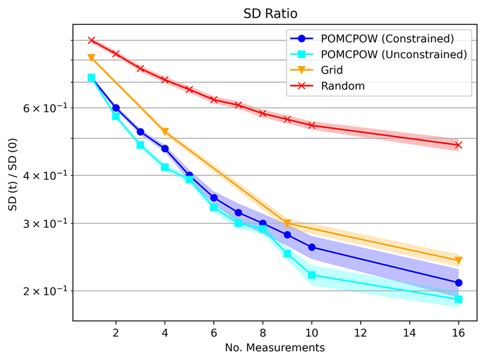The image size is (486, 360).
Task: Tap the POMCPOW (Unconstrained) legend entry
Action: [393, 54]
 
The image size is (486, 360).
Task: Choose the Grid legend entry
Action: [332, 70]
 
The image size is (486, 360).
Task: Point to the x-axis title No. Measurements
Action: [275, 348]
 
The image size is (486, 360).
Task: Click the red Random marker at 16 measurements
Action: [459, 145]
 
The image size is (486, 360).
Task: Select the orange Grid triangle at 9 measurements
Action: [287, 223]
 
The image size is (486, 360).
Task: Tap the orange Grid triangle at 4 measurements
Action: [165, 132]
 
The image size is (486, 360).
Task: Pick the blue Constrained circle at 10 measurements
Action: [311, 247]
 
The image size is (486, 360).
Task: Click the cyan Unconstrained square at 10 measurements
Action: [311, 275]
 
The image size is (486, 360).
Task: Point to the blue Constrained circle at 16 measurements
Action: [459, 283]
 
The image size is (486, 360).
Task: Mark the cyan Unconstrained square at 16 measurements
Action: [459, 299]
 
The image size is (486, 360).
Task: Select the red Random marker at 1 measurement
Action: [91, 40]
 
